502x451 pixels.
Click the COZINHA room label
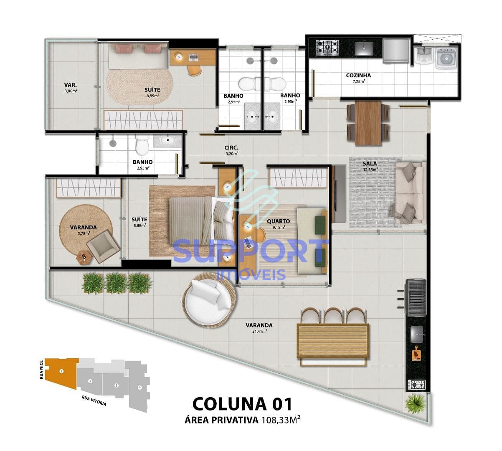[x=358, y=76]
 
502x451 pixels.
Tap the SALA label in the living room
[x=370, y=164]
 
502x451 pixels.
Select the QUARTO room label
[x=278, y=221]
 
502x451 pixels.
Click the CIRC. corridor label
[x=231, y=148]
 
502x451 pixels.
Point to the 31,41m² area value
[x=259, y=332]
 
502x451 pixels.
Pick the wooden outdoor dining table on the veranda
[x=332, y=341]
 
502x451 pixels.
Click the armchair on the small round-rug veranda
[x=102, y=247]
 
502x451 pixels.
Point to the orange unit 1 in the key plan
[x=62, y=371]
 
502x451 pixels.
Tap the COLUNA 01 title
[x=242, y=404]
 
